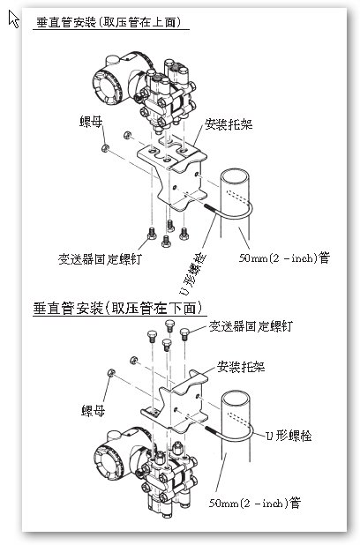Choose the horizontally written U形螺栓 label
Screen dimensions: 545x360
(291, 436)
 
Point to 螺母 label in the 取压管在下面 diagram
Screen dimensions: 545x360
(95, 410)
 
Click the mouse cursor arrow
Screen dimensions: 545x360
(13, 19)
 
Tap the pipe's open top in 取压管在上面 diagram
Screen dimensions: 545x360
(237, 175)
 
